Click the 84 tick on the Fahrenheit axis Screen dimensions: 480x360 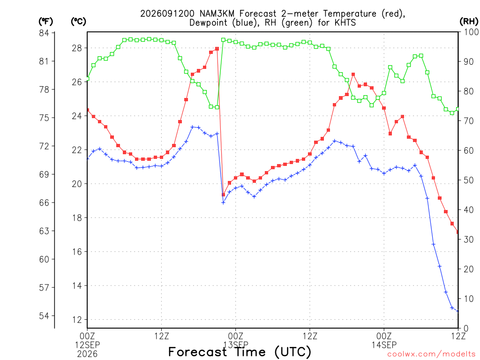pos(44,33)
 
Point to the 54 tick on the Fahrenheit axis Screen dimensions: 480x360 pos(44,315)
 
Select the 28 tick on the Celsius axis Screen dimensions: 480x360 pos(77,48)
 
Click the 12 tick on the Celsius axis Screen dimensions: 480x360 pos(77,320)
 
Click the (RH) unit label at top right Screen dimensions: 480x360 pos(469,22)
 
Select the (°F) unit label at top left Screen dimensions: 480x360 pos(45,22)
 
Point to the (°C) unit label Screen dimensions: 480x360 pos(78,22)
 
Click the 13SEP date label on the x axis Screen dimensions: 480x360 pos(236,345)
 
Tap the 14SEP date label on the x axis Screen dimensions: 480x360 pos(384,345)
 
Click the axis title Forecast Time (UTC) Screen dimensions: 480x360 pos(240,352)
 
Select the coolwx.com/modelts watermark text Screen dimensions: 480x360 pos(431,354)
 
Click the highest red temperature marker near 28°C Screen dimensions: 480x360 pos(217,49)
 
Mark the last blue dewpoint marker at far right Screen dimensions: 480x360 pos(457,311)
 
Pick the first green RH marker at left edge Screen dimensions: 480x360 pos(88,79)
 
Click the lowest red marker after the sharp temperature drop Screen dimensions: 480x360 pos(223,195)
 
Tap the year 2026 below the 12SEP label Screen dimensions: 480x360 pos(87,354)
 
